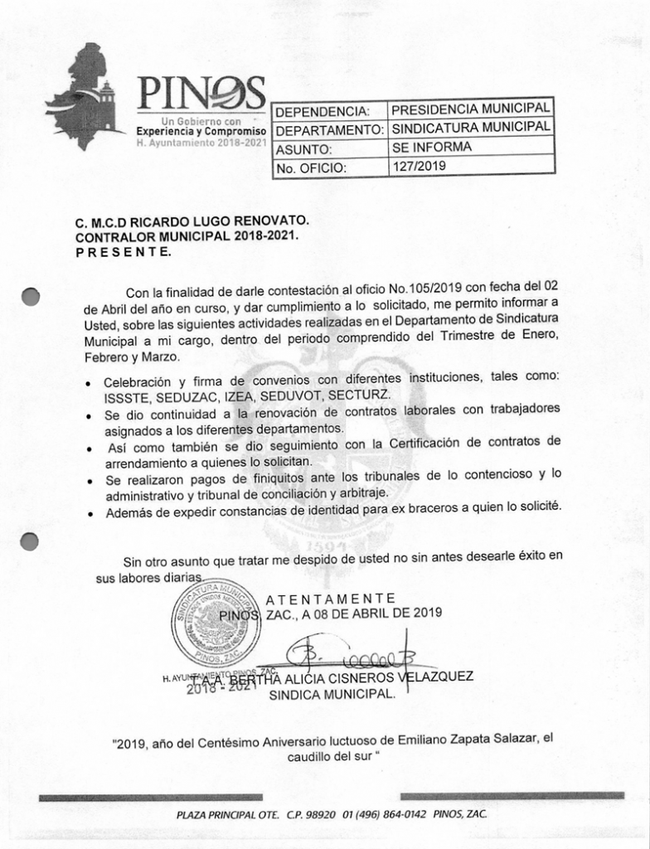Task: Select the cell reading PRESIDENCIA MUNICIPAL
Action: (x=470, y=109)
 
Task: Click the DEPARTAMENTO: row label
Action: (x=329, y=130)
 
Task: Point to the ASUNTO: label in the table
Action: (x=303, y=150)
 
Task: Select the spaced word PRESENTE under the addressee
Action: (x=119, y=251)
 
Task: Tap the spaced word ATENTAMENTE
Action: (x=331, y=598)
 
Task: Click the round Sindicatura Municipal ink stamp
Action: (x=216, y=623)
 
